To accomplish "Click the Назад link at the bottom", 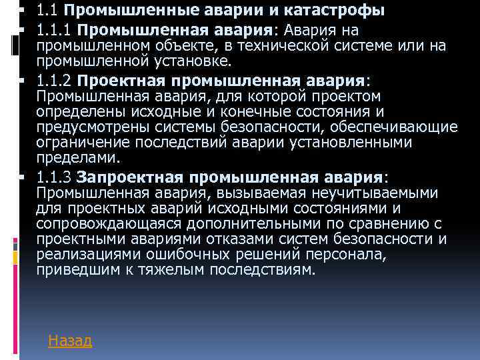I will pos(70,341).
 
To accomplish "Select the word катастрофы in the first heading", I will pos(337,11).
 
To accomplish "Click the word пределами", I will pos(79,158).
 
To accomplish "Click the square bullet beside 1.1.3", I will pos(22,177).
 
